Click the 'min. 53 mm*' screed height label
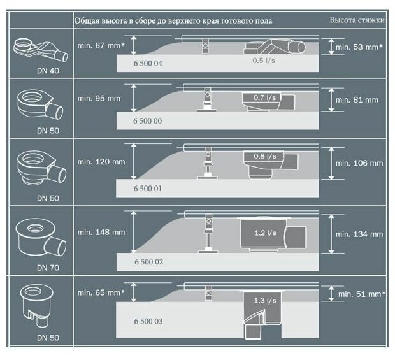[x=360, y=47]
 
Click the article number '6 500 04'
[x=148, y=63]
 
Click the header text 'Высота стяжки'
[x=357, y=20]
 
